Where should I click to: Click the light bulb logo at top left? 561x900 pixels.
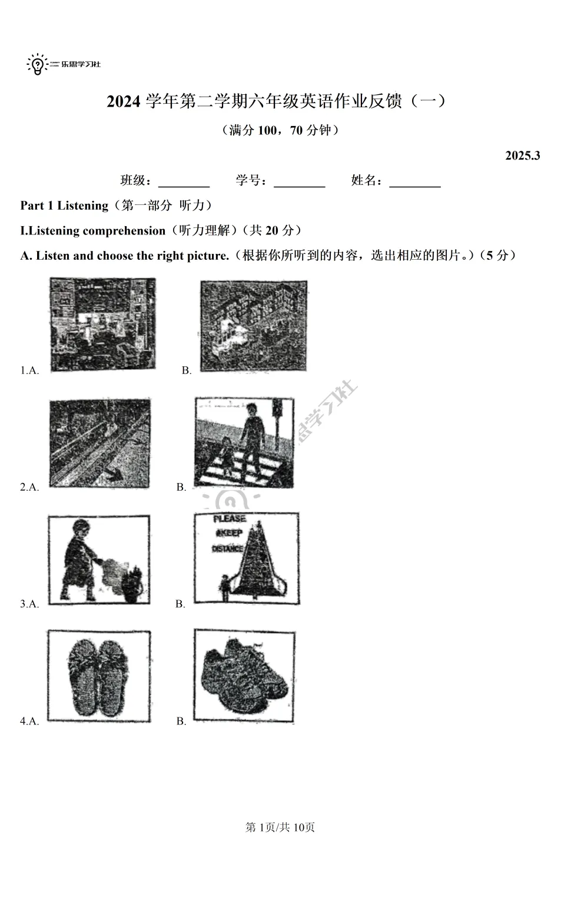(37, 64)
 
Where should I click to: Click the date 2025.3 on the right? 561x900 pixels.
(522, 155)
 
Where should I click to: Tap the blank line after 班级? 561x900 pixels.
(184, 181)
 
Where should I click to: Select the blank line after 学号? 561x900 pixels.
(299, 181)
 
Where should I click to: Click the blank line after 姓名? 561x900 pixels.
(415, 181)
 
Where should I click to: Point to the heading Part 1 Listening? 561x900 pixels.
(64, 206)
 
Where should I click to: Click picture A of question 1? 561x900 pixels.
(103, 324)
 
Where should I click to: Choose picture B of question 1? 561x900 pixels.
(253, 326)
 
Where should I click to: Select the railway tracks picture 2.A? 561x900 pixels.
(99, 444)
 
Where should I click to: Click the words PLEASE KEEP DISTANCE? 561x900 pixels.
(228, 534)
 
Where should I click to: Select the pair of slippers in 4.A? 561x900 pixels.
(98, 676)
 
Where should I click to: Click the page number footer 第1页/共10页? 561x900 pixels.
(280, 828)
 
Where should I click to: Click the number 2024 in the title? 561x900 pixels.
(124, 102)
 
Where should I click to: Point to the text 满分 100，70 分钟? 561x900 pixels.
(280, 130)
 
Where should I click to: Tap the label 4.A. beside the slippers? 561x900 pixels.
(29, 721)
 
